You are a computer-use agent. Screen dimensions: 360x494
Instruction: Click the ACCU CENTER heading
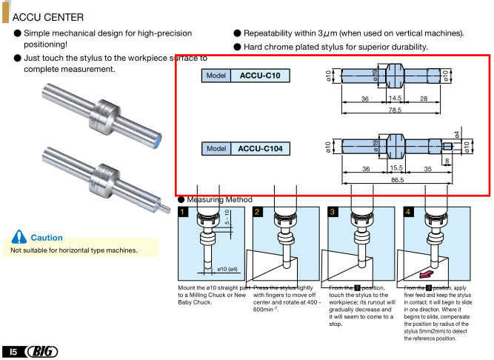pyautogui.click(x=48, y=16)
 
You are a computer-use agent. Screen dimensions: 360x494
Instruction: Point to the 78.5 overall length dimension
pyautogui.click(x=395, y=110)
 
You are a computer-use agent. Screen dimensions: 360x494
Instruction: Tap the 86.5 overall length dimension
pyautogui.click(x=398, y=180)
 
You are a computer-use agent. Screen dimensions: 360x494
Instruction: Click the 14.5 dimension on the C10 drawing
pyautogui.click(x=395, y=98)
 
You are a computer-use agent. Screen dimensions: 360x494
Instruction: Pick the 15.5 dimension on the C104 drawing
pyautogui.click(x=396, y=168)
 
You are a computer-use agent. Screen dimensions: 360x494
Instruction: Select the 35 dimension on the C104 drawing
pyautogui.click(x=427, y=168)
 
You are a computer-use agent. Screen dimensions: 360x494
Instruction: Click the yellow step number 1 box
pyautogui.click(x=183, y=213)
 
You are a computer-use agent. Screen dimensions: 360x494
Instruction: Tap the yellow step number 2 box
pyautogui.click(x=258, y=213)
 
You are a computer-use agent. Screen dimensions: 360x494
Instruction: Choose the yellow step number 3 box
pyautogui.click(x=333, y=213)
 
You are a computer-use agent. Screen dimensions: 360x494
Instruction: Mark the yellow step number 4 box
pyautogui.click(x=407, y=213)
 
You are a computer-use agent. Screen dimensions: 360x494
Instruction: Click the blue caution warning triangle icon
pyautogui.click(x=19, y=237)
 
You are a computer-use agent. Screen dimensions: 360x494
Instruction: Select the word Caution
pyautogui.click(x=47, y=238)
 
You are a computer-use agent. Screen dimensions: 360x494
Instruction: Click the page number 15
pyautogui.click(x=13, y=350)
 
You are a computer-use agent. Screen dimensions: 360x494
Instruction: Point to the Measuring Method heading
pyautogui.click(x=219, y=200)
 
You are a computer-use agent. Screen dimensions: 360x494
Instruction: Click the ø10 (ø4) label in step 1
pyautogui.click(x=227, y=269)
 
